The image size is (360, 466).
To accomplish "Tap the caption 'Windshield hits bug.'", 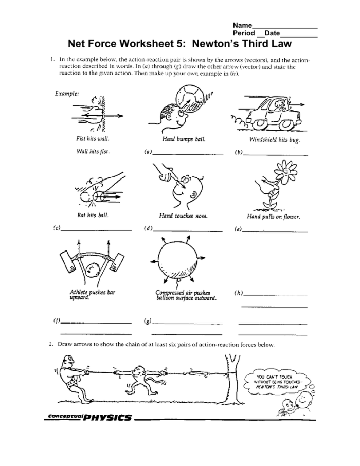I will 275,140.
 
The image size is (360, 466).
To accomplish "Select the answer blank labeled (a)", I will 188,154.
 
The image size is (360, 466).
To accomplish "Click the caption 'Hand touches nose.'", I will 184,216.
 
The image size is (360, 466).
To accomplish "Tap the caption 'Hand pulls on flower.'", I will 273,217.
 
